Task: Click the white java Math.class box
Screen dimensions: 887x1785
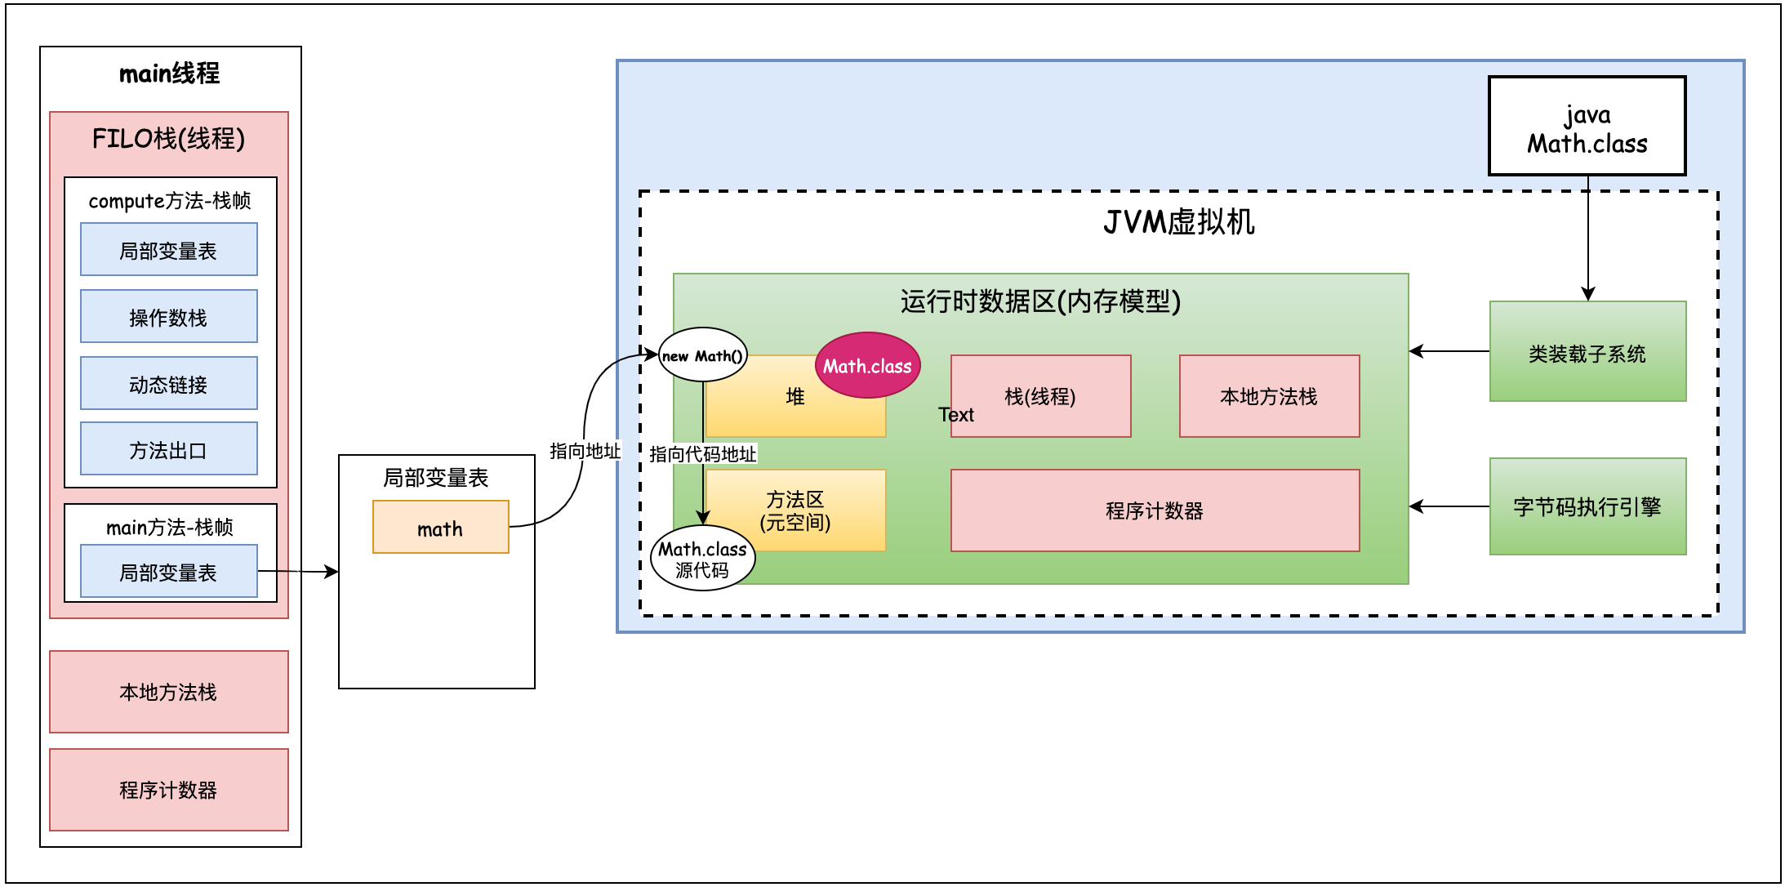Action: tap(1587, 126)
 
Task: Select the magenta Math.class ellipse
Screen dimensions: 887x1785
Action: tap(867, 365)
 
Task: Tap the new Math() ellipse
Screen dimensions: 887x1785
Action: tap(702, 355)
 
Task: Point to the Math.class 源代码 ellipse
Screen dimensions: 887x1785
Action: tap(702, 559)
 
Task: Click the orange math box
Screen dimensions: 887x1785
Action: tap(440, 528)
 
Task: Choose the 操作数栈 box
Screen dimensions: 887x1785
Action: tap(168, 316)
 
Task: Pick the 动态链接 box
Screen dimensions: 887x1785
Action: tap(168, 383)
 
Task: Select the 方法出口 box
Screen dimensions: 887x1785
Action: tap(168, 448)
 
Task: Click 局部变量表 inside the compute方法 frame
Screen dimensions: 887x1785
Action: tap(168, 250)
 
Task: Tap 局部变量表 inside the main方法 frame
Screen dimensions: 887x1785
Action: tap(168, 572)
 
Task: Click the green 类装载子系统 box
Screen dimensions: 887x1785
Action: tap(1587, 352)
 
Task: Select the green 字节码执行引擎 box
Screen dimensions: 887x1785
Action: tap(1587, 506)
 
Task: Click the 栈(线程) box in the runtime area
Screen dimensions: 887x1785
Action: tap(1039, 396)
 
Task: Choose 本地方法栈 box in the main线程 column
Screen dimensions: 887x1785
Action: tap(168, 692)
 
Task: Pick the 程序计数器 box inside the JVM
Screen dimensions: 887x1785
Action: tap(1154, 510)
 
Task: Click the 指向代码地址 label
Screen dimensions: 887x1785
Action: tap(702, 453)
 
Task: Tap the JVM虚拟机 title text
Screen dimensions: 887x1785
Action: tap(1178, 221)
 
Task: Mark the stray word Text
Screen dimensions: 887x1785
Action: tap(955, 415)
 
